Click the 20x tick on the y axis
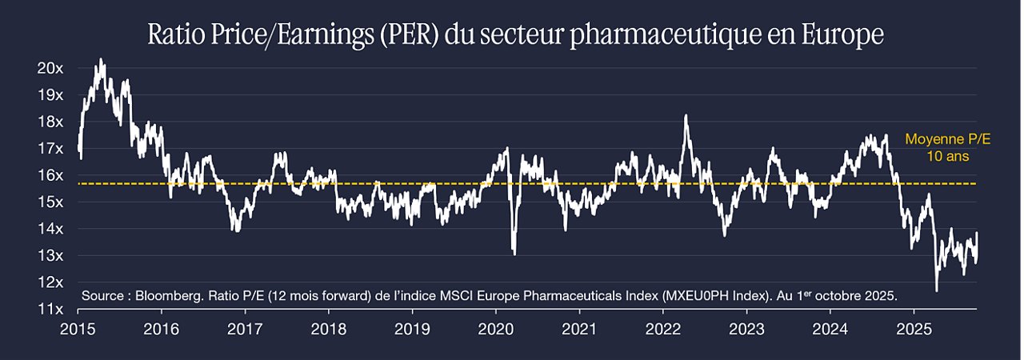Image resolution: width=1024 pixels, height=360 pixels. pyautogui.click(x=50, y=69)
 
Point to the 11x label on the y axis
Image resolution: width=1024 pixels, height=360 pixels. pyautogui.click(x=50, y=310)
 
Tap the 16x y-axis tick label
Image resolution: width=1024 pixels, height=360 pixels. pyautogui.click(x=50, y=175)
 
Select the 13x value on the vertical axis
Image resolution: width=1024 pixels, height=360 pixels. pyautogui.click(x=50, y=256)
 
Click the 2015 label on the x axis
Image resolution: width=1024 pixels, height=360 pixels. pyautogui.click(x=78, y=330)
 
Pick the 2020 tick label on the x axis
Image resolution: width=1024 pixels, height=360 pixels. pyautogui.click(x=495, y=330)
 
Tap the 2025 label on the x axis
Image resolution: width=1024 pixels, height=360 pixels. pyautogui.click(x=914, y=330)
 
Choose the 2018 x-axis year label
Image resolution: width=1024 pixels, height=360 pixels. pyautogui.click(x=328, y=330)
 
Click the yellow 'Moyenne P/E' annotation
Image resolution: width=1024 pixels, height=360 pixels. pyautogui.click(x=948, y=139)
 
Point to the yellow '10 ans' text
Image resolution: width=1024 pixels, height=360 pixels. pyautogui.click(x=948, y=156)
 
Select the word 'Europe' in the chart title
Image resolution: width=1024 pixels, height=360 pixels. pyautogui.click(x=842, y=34)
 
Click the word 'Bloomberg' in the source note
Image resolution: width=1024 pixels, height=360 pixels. pyautogui.click(x=169, y=296)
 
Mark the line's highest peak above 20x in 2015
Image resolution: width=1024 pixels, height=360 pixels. pyautogui.click(x=101, y=59)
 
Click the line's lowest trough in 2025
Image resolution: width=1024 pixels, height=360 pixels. pyautogui.click(x=936, y=290)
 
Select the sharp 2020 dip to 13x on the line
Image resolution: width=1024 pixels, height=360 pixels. pyautogui.click(x=514, y=254)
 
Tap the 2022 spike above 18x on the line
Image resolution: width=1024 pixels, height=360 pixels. pyautogui.click(x=686, y=115)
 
